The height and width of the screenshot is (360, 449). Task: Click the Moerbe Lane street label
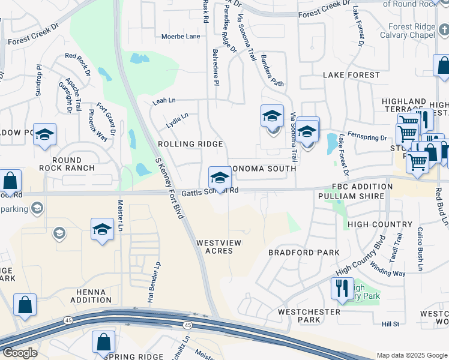pos(181,37)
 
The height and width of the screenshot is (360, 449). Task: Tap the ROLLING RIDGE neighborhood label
pos(190,144)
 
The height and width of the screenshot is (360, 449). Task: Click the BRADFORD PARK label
pos(303,253)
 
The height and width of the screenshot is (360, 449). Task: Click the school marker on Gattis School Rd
pos(220,178)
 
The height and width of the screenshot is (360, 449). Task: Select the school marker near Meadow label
pos(44,136)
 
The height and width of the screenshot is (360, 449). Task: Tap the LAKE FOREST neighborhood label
pos(351,75)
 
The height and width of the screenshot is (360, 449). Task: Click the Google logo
pos(20,353)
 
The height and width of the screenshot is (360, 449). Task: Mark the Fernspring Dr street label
pos(367,138)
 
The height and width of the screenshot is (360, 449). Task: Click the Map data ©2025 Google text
pos(411,355)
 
